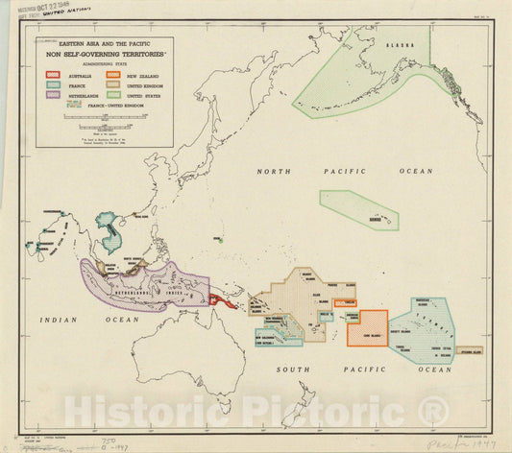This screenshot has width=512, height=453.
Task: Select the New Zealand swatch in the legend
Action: point(113,74)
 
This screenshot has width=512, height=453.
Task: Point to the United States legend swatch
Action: point(113,96)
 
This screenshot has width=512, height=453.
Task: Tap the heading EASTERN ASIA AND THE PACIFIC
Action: point(105,45)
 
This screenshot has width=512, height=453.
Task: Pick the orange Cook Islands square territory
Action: point(368,327)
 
